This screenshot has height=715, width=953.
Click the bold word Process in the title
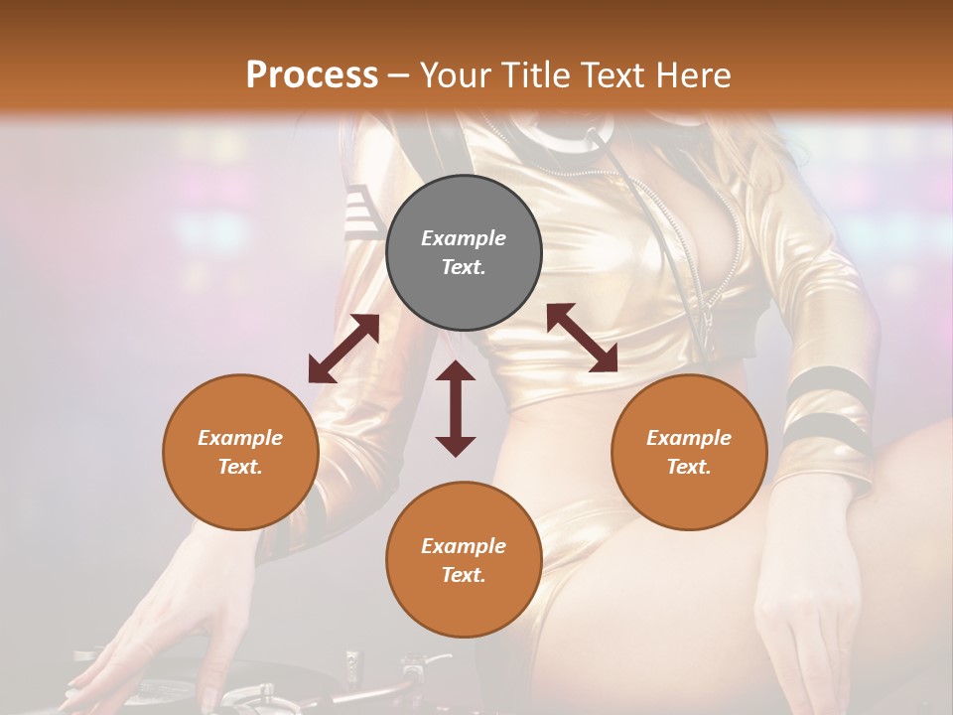click(312, 74)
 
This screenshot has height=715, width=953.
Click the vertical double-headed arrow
click(456, 408)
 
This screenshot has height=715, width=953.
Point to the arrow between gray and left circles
click(343, 349)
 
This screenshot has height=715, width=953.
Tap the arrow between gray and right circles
click(582, 338)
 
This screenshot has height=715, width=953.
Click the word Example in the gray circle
click(464, 238)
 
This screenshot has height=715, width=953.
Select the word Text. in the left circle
click(240, 467)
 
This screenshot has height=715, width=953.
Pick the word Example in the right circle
click(689, 438)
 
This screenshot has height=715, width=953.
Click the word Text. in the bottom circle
click(464, 575)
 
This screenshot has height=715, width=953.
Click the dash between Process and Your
click(398, 75)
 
